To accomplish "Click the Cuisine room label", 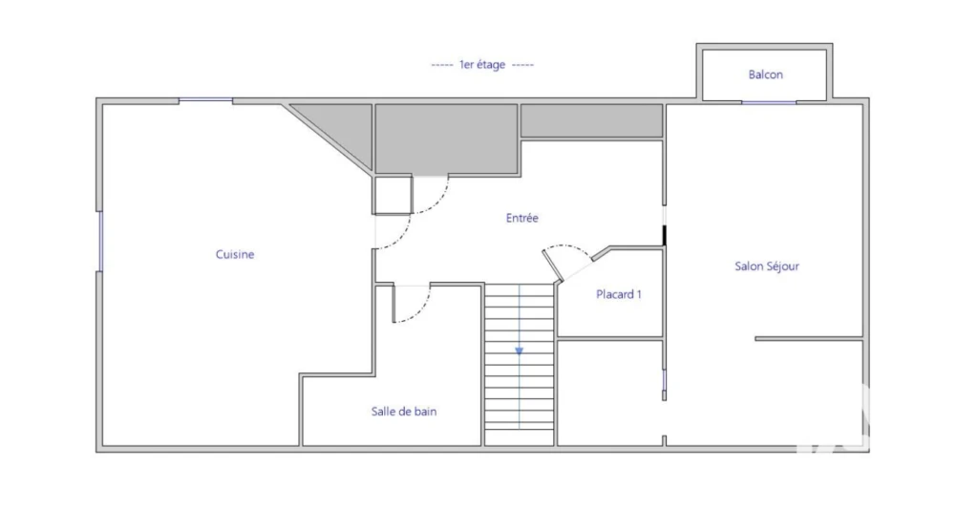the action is (235, 254).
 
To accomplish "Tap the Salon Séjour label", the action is (767, 266).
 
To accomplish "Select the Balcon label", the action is (765, 74).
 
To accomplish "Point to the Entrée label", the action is (522, 218).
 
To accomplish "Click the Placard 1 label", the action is (619, 294).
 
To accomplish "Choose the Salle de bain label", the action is (404, 412).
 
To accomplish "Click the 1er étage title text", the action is (482, 64).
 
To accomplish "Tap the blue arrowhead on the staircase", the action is (519, 351).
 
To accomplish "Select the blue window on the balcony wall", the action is (769, 102).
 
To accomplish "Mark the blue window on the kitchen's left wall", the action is (99, 242).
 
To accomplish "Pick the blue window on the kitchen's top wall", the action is (206, 99).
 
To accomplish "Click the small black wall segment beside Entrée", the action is (665, 236).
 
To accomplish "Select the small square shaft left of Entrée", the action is (393, 195).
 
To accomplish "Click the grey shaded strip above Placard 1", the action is (591, 120).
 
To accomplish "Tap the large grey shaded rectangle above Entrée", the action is (446, 139).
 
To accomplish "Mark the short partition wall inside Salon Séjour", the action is (809, 339).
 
